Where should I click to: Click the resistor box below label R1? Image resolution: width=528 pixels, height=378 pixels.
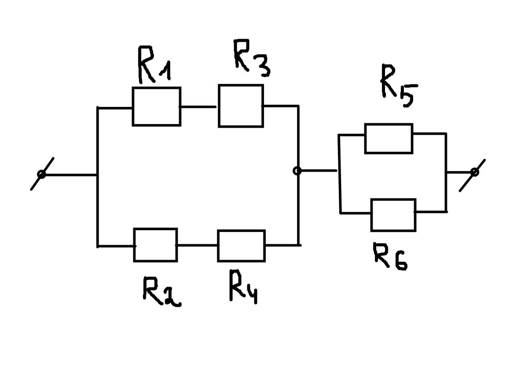click(x=156, y=106)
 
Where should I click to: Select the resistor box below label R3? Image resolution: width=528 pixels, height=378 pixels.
click(x=241, y=106)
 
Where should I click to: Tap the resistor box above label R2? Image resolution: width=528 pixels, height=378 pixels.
click(x=155, y=245)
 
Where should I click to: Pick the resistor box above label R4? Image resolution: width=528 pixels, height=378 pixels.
click(x=241, y=245)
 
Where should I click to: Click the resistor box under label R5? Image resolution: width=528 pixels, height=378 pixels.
click(x=389, y=138)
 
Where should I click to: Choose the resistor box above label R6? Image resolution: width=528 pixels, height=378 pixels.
click(x=393, y=215)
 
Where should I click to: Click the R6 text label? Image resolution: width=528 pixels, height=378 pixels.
click(x=390, y=256)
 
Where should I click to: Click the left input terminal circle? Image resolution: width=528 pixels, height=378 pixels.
click(x=41, y=175)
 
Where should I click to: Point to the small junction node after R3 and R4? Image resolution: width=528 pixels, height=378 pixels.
click(x=297, y=171)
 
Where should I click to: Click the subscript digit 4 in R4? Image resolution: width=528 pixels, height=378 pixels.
click(x=251, y=295)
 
